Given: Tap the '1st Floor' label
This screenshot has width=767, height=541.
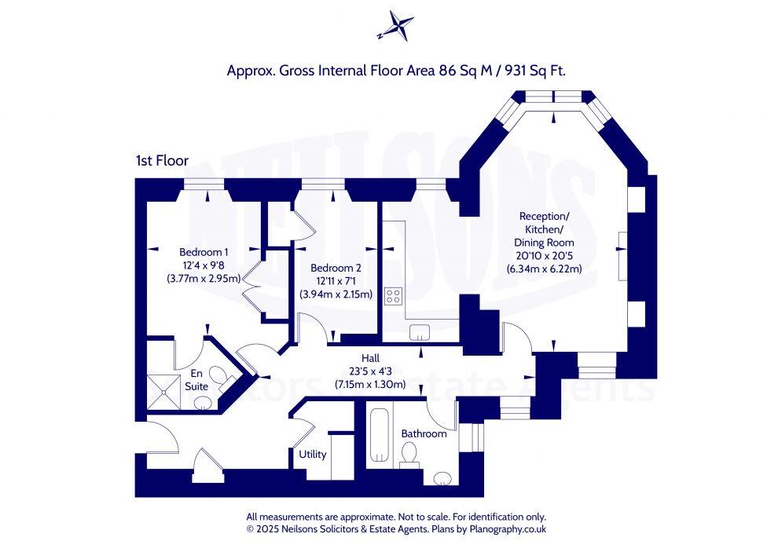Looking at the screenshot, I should [x=162, y=161].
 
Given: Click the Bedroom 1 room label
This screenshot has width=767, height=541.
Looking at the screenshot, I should [x=204, y=252].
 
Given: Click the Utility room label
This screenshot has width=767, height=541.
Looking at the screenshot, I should [x=312, y=454].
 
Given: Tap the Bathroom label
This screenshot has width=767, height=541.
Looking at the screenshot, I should [x=424, y=433].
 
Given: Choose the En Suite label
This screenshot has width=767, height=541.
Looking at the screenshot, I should [x=196, y=380].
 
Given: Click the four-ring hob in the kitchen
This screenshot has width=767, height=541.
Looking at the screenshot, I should [x=393, y=296].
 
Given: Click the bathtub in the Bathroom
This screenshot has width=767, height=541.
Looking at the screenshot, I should [x=380, y=436].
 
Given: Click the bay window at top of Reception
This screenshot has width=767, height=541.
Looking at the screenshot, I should [x=555, y=98].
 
